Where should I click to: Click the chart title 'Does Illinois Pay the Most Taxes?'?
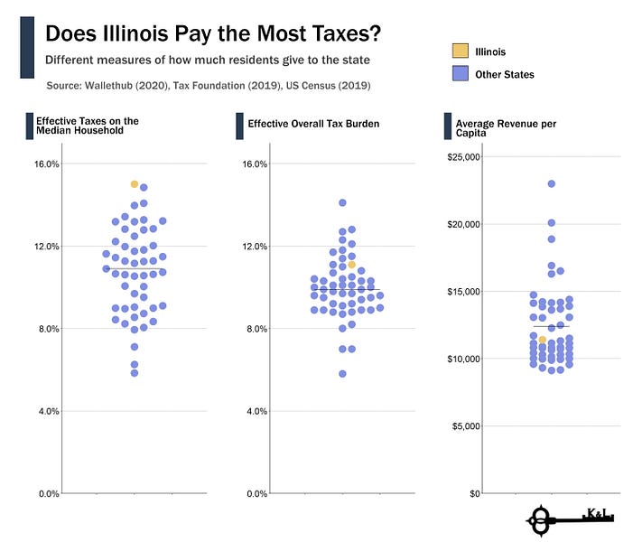[x=212, y=33]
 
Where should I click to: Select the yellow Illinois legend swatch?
[x=459, y=51]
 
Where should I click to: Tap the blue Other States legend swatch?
[x=459, y=74]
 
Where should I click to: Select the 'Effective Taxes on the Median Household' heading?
[x=87, y=125]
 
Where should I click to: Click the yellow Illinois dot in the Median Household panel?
[x=135, y=184]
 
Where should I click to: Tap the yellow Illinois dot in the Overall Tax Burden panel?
[x=352, y=265]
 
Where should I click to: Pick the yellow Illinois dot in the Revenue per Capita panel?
[x=542, y=341]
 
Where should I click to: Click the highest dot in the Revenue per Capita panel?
[x=551, y=183]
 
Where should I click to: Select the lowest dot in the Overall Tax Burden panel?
[x=342, y=373]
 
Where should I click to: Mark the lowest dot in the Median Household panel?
[x=135, y=372]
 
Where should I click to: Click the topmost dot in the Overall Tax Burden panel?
[x=342, y=203]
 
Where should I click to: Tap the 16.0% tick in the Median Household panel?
[x=47, y=164]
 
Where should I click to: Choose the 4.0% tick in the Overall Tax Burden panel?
[x=256, y=411]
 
